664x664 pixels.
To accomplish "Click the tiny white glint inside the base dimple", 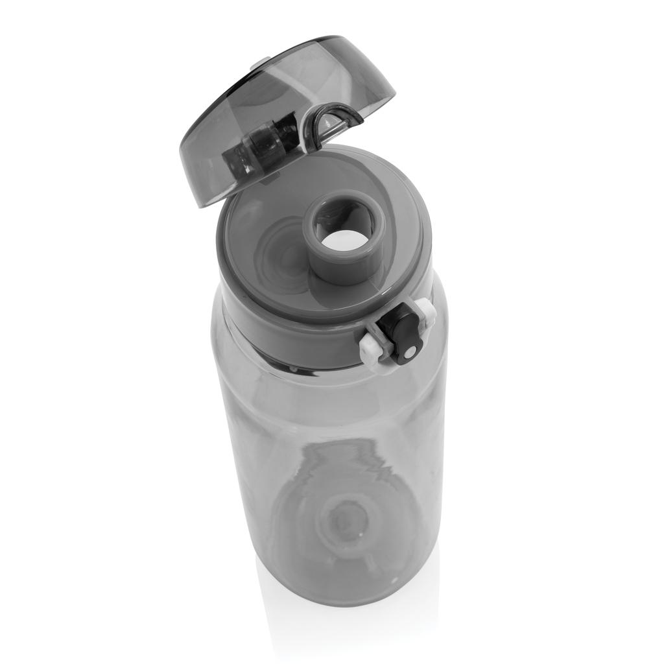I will coord(359,536).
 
